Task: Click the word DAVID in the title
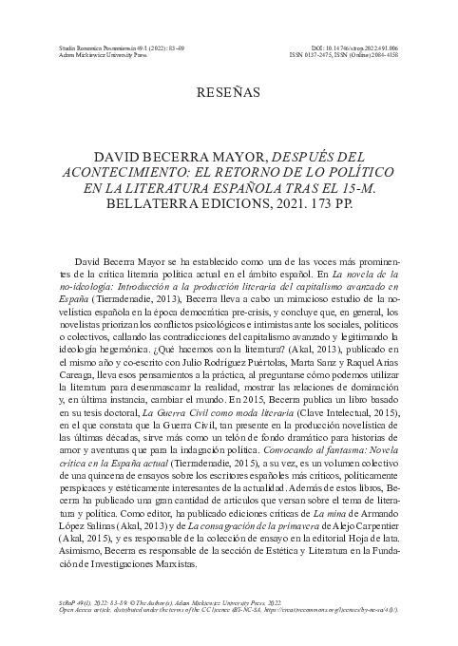(x=117, y=154)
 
